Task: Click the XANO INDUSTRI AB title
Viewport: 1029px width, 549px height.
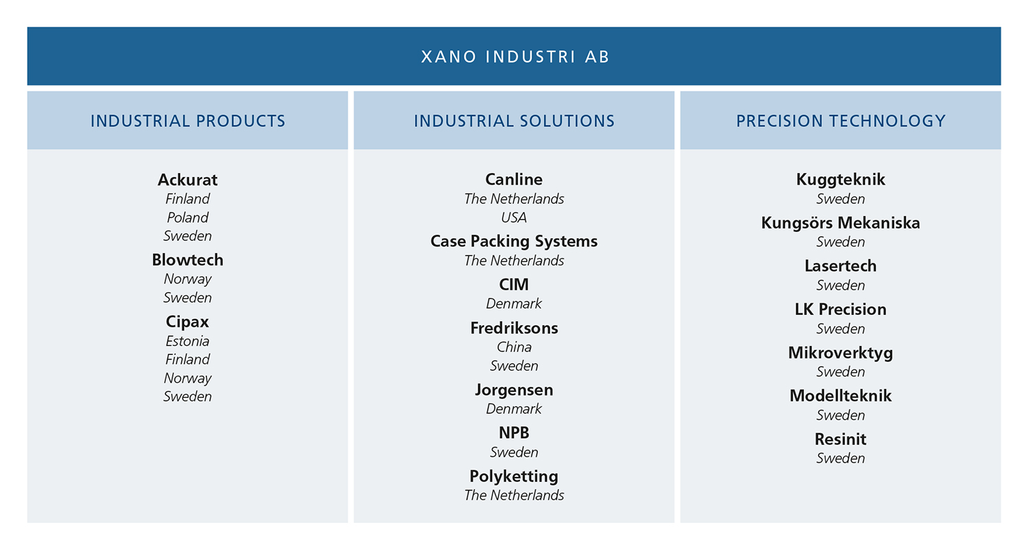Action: pyautogui.click(x=515, y=56)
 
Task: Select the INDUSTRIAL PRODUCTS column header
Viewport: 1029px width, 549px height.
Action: pyautogui.click(x=187, y=121)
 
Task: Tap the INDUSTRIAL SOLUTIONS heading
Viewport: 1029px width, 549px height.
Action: pyautogui.click(x=514, y=121)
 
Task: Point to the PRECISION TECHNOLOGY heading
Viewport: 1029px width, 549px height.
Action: pyautogui.click(x=840, y=121)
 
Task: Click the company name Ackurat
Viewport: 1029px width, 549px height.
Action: pyautogui.click(x=187, y=180)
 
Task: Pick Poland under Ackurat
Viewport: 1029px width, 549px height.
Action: pyautogui.click(x=187, y=218)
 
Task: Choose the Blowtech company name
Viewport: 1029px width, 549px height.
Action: pyautogui.click(x=187, y=260)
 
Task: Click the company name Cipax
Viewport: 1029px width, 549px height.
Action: pyautogui.click(x=187, y=322)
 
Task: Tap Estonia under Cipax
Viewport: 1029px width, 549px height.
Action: pyautogui.click(x=187, y=341)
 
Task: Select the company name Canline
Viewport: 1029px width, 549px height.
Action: pyautogui.click(x=514, y=179)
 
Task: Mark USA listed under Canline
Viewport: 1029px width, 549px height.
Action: pyautogui.click(x=514, y=218)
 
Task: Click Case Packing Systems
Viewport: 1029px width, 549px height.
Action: pyautogui.click(x=514, y=241)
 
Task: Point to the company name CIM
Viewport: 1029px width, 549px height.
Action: pyautogui.click(x=514, y=284)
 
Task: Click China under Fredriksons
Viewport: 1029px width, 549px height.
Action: pyautogui.click(x=514, y=347)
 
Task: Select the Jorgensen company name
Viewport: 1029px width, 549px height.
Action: pyautogui.click(x=514, y=390)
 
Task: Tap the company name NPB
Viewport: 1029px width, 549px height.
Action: pyautogui.click(x=514, y=433)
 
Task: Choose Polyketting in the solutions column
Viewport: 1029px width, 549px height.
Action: pyautogui.click(x=514, y=476)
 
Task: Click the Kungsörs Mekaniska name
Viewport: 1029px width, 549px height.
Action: pyautogui.click(x=840, y=223)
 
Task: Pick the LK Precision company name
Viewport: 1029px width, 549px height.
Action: pyautogui.click(x=840, y=309)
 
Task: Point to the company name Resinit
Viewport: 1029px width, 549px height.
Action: pyautogui.click(x=840, y=439)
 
